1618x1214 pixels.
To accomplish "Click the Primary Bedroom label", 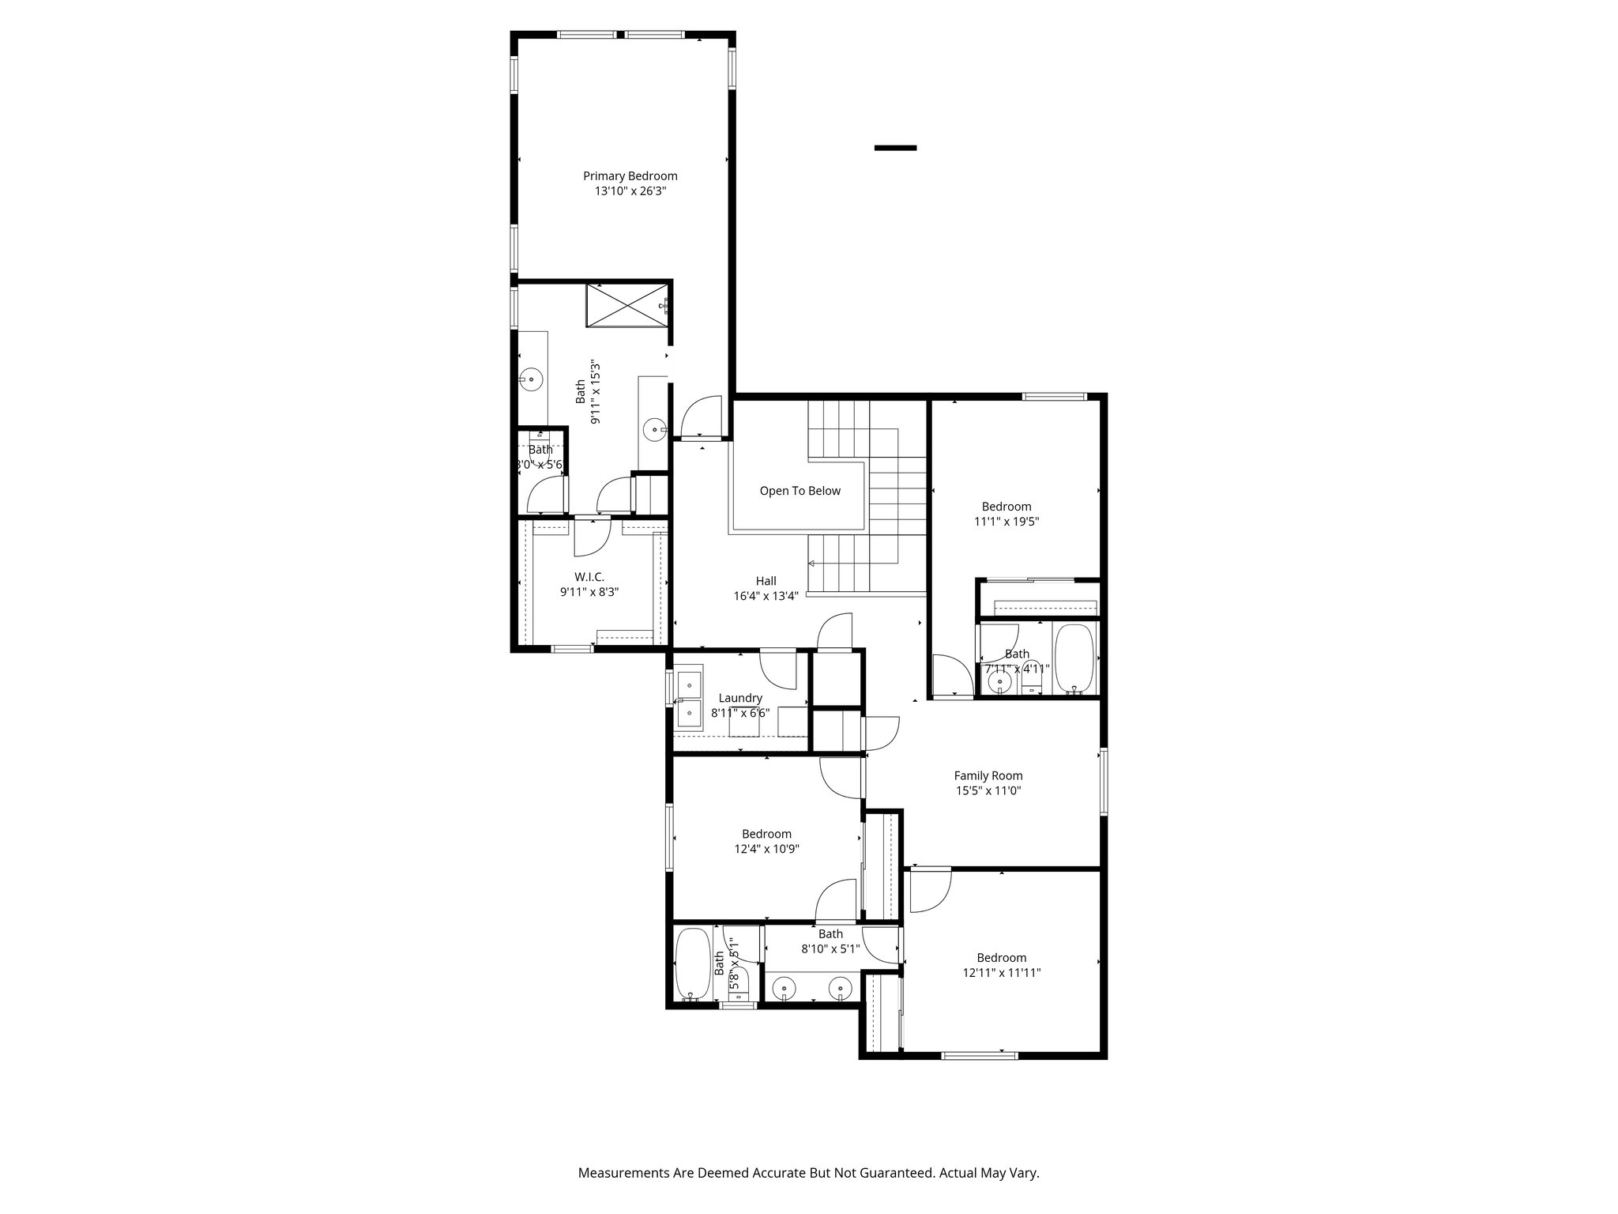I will pos(630,176).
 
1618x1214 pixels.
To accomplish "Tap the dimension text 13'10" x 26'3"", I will pos(630,191).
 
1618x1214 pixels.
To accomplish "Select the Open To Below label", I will pos(800,491).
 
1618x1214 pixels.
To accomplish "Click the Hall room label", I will pos(766,581).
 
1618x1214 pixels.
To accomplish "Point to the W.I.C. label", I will pos(589,577).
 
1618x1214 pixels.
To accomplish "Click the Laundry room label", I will pos(740,698).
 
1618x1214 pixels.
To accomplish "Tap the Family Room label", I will pos(988,776).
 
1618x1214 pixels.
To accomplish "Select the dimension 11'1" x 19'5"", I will pos(1006,522).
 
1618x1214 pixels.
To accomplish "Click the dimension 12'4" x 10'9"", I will pos(766,849).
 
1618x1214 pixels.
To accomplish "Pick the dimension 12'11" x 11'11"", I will pos(1001,973).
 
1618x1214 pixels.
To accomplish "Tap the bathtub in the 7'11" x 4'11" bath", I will pos(1074,658).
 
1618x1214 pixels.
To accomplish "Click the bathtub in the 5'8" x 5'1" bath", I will pos(694,963).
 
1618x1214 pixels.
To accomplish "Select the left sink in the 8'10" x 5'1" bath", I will pos(784,987).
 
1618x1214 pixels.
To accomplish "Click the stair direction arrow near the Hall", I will pos(811,564).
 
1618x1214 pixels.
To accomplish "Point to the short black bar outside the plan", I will pos(895,148).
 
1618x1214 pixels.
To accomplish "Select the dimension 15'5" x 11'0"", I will pos(988,790).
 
